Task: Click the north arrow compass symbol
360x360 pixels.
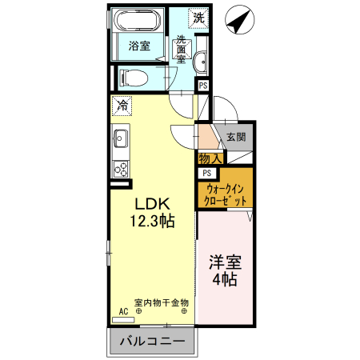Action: (x=238, y=22)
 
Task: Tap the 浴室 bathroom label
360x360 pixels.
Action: (x=139, y=46)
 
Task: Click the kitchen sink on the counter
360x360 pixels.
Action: (x=121, y=139)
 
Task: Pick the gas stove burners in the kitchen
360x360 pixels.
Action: (x=121, y=168)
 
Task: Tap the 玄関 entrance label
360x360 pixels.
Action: (x=235, y=137)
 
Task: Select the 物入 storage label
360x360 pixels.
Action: (x=210, y=160)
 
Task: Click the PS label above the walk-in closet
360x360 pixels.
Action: (x=206, y=174)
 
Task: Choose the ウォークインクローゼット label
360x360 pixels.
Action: (x=226, y=194)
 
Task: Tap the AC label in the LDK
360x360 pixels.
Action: (x=124, y=311)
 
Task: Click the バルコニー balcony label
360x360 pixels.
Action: (x=153, y=342)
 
